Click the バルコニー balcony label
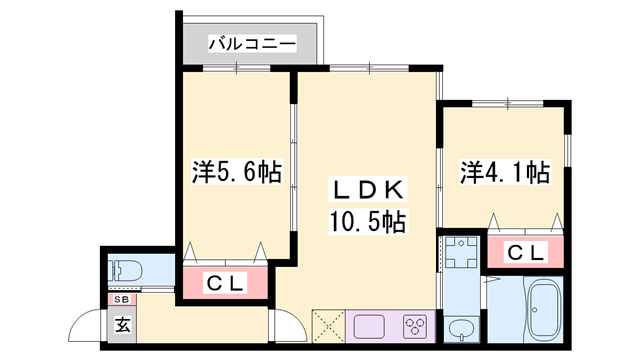tap(252, 44)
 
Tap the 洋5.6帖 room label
tap(236, 172)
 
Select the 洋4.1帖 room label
tap(505, 172)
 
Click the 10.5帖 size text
tap(367, 222)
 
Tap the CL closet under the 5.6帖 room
tap(225, 283)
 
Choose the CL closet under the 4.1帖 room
tap(525, 253)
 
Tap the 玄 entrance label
tap(120, 324)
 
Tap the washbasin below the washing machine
tap(461, 329)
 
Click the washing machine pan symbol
tap(460, 253)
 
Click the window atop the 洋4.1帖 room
tap(506, 103)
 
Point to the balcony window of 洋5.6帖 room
tap(236, 69)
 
